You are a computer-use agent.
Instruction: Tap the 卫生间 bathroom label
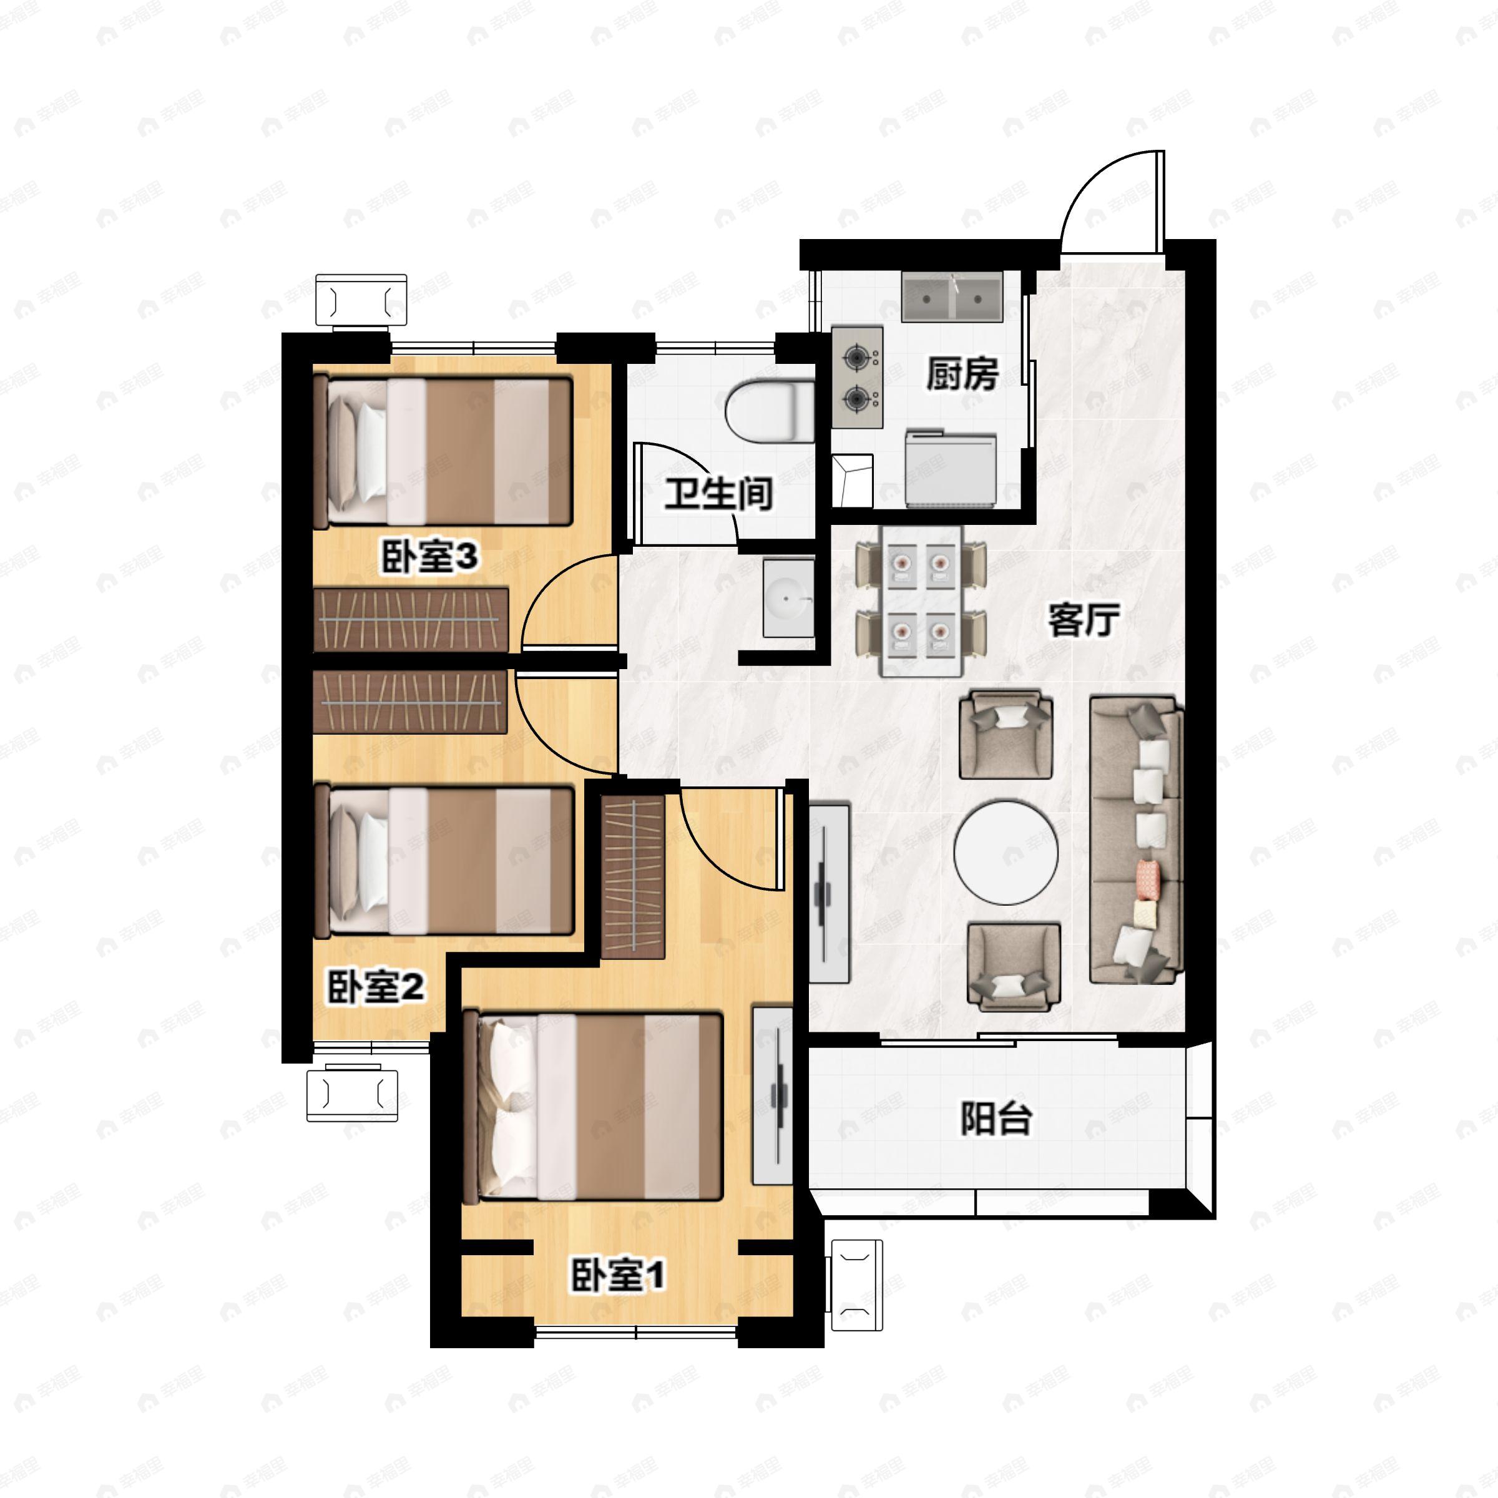tap(719, 493)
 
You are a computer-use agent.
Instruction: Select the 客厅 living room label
tap(1083, 620)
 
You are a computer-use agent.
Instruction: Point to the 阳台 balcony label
tap(996, 1119)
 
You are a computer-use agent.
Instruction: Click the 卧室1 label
tap(618, 1275)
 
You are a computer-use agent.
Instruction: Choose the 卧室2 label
tap(376, 987)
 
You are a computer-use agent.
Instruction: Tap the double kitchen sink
tap(952, 296)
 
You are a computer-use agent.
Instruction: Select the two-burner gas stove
tap(858, 378)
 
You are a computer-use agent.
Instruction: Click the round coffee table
tap(1006, 853)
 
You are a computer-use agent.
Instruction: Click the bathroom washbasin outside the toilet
tap(788, 597)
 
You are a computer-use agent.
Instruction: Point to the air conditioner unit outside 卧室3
tap(361, 300)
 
